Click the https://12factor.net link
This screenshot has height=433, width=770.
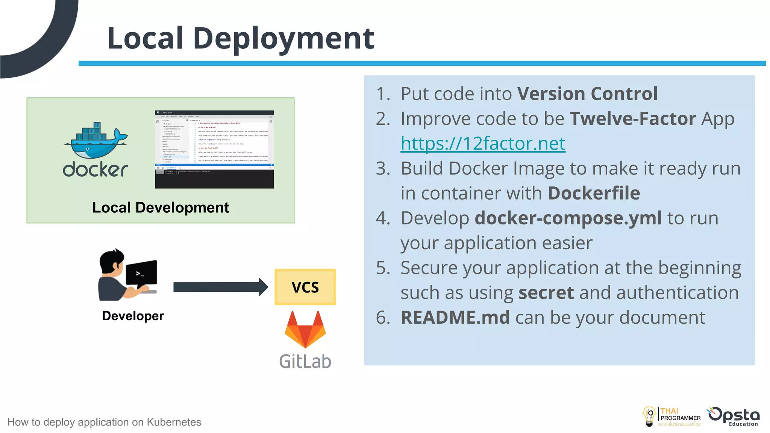[x=483, y=144]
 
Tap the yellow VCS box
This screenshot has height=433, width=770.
[x=305, y=287]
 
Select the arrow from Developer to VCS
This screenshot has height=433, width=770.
[x=220, y=287]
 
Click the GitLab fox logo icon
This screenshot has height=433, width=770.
[x=305, y=330]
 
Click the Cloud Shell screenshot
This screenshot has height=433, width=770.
[x=214, y=150]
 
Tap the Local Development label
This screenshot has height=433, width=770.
[x=161, y=207]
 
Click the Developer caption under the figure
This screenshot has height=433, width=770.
[x=133, y=316]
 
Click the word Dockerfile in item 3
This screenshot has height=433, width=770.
[x=594, y=193]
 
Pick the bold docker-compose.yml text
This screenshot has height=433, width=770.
[x=568, y=218]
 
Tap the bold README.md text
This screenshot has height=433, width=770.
[x=455, y=318]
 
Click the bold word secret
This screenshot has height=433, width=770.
[x=546, y=293]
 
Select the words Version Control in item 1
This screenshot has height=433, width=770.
[x=587, y=94]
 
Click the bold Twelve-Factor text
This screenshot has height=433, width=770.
[x=633, y=119]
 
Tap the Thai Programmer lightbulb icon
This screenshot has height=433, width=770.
[x=649, y=416]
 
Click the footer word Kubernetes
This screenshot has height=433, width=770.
[x=174, y=422]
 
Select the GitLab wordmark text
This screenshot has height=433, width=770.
[x=305, y=362]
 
